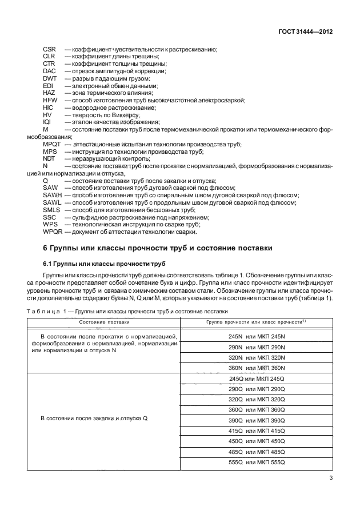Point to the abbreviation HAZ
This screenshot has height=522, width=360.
pyautogui.click(x=49, y=93)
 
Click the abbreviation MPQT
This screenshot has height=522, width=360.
pyautogui.click(x=52, y=144)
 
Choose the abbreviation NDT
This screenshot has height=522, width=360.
pyautogui.click(x=49, y=158)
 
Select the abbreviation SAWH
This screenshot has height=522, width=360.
pyautogui.click(x=52, y=196)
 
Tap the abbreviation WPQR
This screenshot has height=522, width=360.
pyautogui.click(x=53, y=232)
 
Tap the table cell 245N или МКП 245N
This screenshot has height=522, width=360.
pyautogui.click(x=256, y=337)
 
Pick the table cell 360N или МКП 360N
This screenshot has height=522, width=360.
pyautogui.click(x=256, y=368)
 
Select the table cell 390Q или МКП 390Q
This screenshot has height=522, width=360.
pyautogui.click(x=256, y=420)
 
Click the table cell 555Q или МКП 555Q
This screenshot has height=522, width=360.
pyautogui.click(x=256, y=462)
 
